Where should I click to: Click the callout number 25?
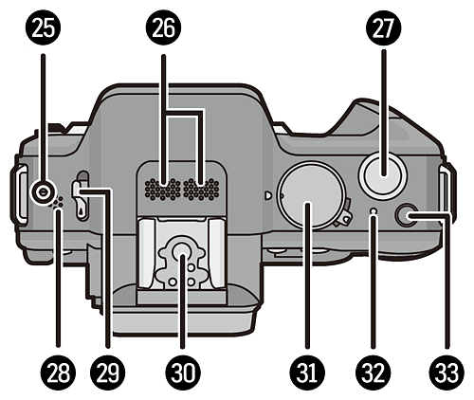pos(44,28)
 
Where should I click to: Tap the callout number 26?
pos(163,28)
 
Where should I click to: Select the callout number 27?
pos(384,28)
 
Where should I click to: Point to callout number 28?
pos(58,372)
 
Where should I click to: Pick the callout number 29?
pos(107,372)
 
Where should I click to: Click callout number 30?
pos(183,372)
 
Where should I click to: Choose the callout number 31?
pos(307,372)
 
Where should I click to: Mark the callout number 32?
pos(374,372)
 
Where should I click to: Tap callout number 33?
pos(447,372)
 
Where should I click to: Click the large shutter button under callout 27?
pos(384,174)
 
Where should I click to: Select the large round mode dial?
pos(310,195)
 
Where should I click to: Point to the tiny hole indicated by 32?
pos(374,210)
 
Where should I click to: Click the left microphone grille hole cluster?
pos(163,190)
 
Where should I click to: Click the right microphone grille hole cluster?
pos(201,190)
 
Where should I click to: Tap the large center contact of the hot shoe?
pos(182,249)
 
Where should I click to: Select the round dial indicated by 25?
pos(43,191)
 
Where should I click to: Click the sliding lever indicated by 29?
pos(82,195)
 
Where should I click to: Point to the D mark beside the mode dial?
pos(268,196)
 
